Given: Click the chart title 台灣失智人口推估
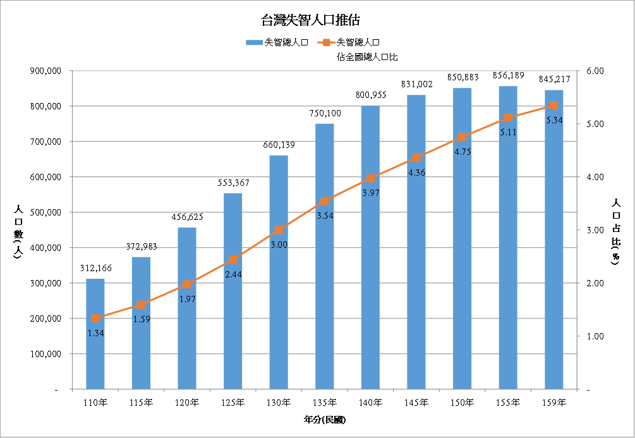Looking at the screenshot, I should click(311, 20).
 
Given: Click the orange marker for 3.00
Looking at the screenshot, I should click(279, 230).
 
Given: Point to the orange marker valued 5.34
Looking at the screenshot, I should click(554, 106).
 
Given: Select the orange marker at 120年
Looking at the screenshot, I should click(187, 284).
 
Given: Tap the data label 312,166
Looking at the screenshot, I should click(95, 268).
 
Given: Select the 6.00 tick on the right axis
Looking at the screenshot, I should click(596, 71).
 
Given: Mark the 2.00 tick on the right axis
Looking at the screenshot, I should click(596, 283).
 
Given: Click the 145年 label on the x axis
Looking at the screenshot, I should click(416, 403).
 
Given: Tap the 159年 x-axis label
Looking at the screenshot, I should click(554, 403).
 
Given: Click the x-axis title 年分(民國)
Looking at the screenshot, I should click(325, 419).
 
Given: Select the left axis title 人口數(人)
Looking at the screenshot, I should click(18, 234).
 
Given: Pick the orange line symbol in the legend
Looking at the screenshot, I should click(326, 42).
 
